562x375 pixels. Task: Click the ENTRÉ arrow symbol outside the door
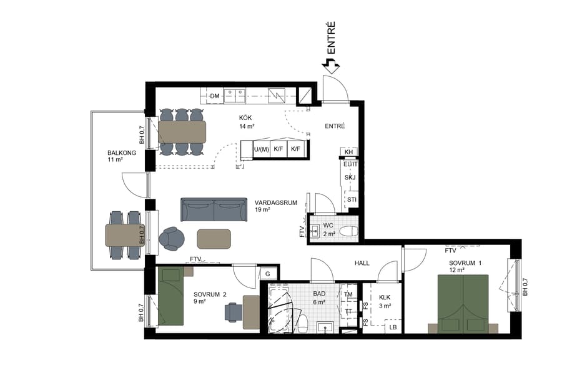point(330,64)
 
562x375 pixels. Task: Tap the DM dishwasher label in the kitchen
point(215,96)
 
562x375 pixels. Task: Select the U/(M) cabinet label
point(261,149)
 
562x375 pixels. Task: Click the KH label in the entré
point(349,152)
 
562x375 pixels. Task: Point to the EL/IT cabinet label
point(350,164)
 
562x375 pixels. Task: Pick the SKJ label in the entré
point(350,178)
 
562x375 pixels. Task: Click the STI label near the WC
point(351,199)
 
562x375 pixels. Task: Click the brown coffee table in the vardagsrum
point(214,238)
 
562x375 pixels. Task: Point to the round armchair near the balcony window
point(172,238)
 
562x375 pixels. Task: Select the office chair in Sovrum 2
point(234,311)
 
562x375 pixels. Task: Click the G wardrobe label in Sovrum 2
point(267,274)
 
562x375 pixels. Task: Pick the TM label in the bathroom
point(348,294)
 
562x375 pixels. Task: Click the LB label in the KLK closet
point(393,327)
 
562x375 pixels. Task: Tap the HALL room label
point(363,264)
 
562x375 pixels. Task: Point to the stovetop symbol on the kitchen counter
point(275,96)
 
